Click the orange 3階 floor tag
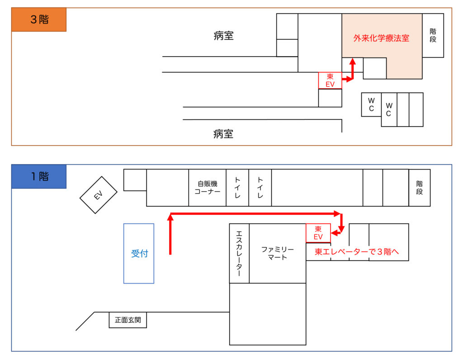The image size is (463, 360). tap(39, 20)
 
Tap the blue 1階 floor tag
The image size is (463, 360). tap(39, 176)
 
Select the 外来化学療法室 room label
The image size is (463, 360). tap(381, 38)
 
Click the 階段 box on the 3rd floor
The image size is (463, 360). tap(433, 35)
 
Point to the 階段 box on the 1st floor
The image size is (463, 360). tap(420, 188)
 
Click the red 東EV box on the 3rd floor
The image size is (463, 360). tap(330, 81)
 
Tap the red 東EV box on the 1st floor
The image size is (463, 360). tap(318, 233)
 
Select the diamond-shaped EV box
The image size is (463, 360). tap(99, 195)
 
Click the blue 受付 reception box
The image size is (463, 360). tap(139, 253)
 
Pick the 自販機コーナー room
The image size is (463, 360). tap(207, 188)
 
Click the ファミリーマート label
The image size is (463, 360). tap(277, 253)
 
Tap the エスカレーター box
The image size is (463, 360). tap(239, 253)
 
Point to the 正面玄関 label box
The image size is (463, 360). tap(128, 320)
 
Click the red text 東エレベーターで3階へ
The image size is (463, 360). tap(357, 252)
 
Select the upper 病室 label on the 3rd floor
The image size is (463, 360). tap(223, 36)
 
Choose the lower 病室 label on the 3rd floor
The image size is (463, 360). tap(223, 134)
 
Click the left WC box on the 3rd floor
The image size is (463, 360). tap(371, 104)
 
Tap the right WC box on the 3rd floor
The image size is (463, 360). tap(389, 109)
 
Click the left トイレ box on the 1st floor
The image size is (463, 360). tap(237, 188)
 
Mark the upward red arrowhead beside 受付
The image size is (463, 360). tap(170, 217)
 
